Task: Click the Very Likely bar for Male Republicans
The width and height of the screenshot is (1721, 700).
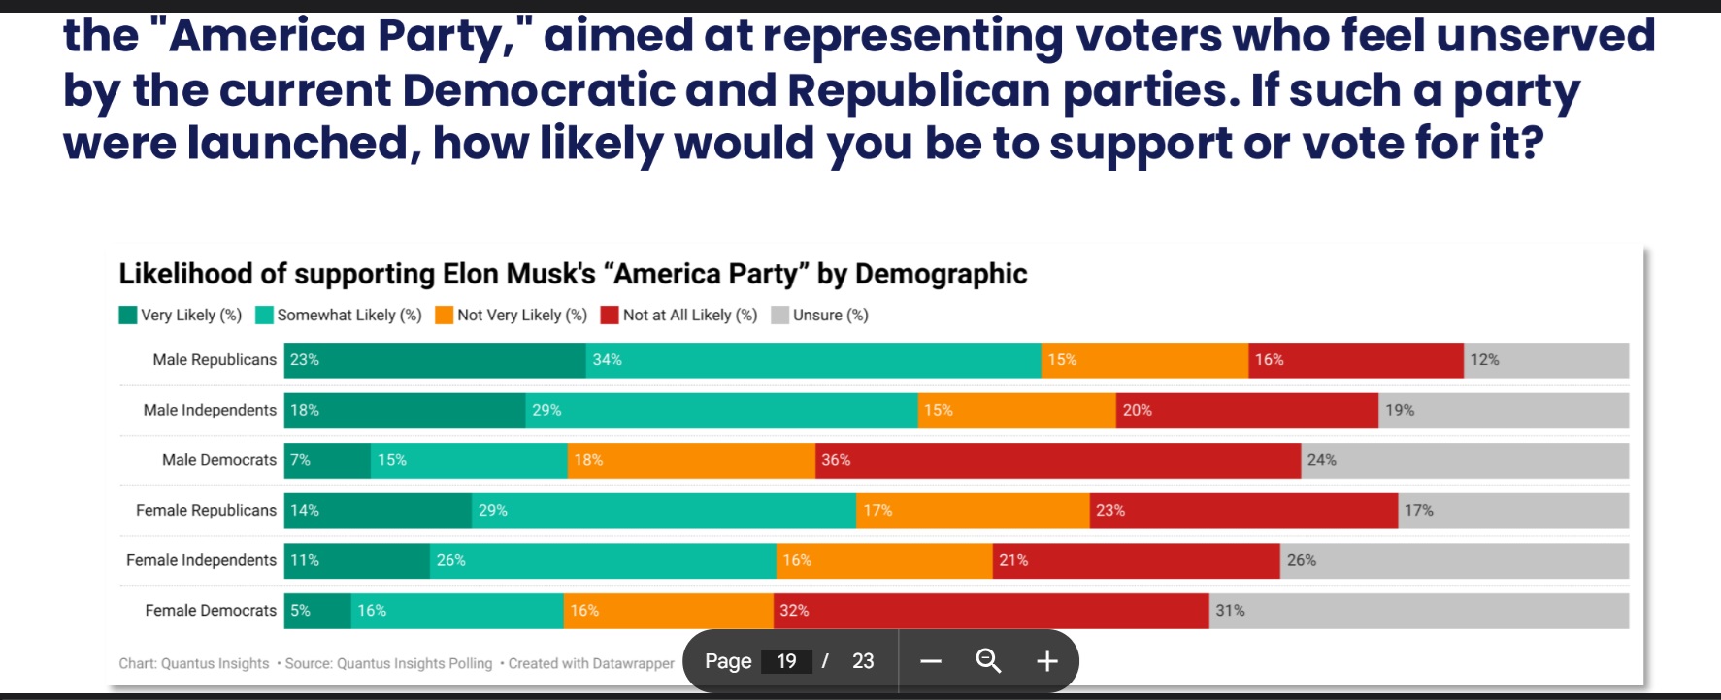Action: point(435,360)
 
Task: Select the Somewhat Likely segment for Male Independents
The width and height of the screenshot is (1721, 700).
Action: point(721,411)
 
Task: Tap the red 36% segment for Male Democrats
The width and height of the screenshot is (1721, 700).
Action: point(1057,460)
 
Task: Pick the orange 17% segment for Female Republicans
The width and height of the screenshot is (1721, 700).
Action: point(973,511)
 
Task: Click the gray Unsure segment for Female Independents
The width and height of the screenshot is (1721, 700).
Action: point(1454,561)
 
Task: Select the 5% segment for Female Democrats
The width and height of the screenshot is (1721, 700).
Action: point(317,611)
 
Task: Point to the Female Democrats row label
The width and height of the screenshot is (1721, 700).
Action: point(211,611)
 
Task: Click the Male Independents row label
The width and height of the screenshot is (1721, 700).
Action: point(210,411)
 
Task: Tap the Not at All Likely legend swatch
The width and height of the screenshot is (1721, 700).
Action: point(610,316)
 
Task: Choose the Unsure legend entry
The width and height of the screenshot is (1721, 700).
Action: point(820,316)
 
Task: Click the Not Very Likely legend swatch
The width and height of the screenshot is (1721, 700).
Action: point(445,316)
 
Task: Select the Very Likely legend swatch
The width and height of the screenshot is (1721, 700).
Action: point(128,316)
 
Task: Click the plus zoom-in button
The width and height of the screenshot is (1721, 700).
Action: point(1046,661)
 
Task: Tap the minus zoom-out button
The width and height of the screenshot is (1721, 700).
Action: point(931,661)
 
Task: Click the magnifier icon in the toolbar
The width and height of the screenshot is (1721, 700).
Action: point(988,661)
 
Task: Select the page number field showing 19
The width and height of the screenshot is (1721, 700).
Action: point(786,661)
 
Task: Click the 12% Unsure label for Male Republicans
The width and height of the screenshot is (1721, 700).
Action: point(1484,360)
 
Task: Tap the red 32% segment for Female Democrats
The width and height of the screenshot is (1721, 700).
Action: point(991,611)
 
